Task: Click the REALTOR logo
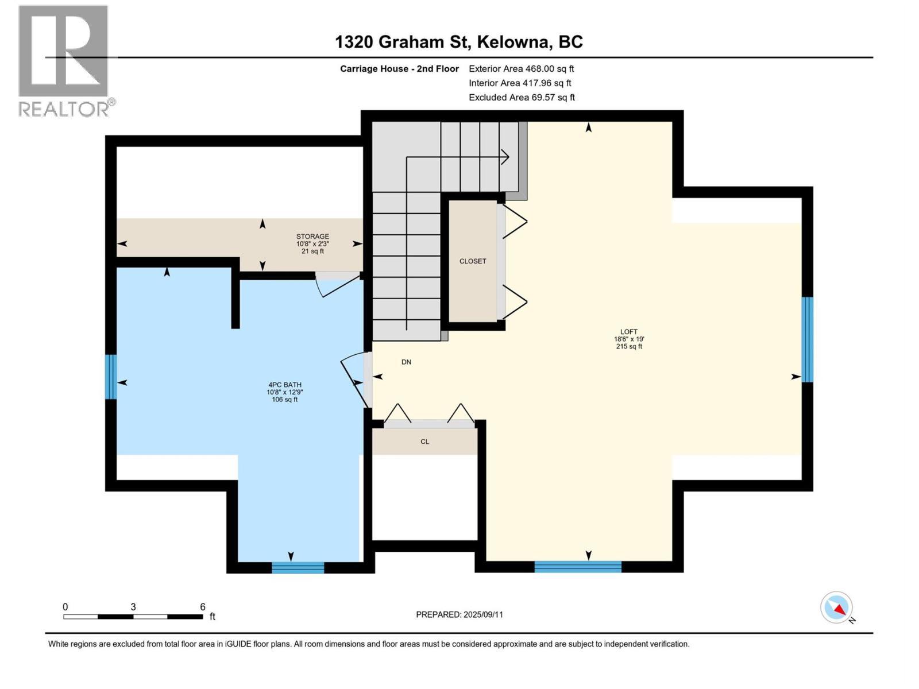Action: [x=64, y=60]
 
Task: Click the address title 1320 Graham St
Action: [x=458, y=42]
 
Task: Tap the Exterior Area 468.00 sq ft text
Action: [x=521, y=69]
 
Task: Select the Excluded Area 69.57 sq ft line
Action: [x=521, y=98]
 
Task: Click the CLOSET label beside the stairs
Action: [x=473, y=261]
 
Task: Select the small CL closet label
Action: [x=424, y=442]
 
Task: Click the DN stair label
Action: [x=406, y=362]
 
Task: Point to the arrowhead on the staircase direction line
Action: [x=505, y=156]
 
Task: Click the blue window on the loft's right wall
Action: [x=807, y=339]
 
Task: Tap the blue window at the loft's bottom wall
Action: [x=577, y=567]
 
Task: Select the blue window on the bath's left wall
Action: [x=111, y=377]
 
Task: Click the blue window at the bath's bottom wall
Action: [x=298, y=568]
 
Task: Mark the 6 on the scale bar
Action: [x=202, y=607]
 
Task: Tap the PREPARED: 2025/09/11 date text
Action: [x=459, y=614]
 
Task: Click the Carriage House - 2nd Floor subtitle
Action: [x=399, y=69]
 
